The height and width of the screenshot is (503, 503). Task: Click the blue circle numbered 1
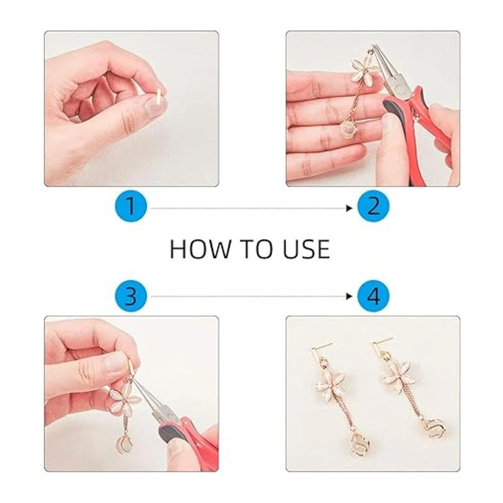tap(131, 208)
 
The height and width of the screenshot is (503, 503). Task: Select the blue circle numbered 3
tap(131, 296)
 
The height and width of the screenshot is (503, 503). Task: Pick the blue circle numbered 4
tap(373, 296)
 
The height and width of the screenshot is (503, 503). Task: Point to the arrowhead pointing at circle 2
tap(350, 208)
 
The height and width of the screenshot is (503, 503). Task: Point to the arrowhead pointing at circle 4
tap(350, 296)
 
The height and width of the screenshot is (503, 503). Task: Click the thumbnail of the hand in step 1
tap(153, 105)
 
